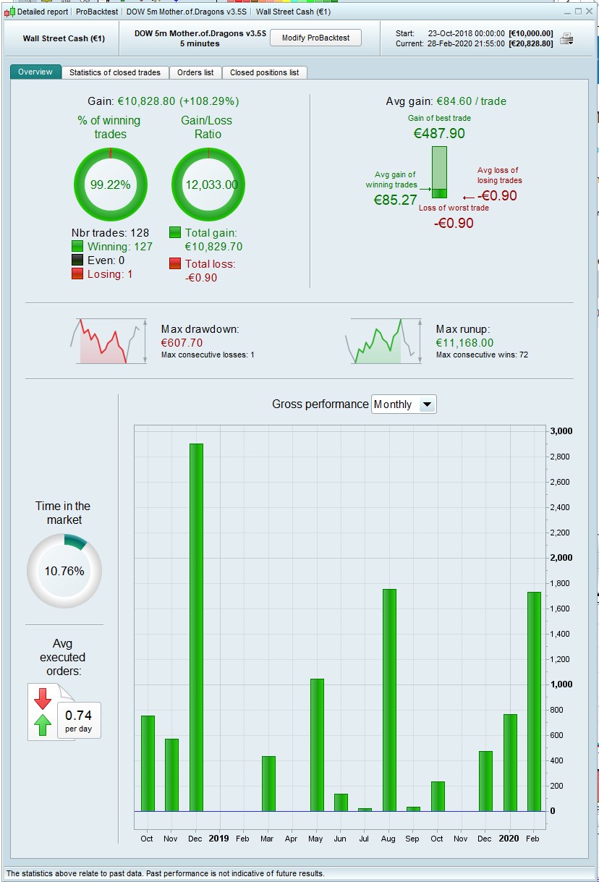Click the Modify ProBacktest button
(315, 38)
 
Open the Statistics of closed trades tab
(116, 72)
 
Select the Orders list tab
(195, 72)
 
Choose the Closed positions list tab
(264, 72)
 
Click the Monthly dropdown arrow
(427, 404)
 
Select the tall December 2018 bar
(196, 627)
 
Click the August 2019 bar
(389, 700)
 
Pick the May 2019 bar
(317, 745)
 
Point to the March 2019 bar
(268, 784)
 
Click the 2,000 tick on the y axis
(561, 558)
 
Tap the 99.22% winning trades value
(110, 185)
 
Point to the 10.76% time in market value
(64, 571)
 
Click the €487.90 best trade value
(439, 133)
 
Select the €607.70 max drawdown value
(182, 343)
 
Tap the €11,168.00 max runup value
(464, 343)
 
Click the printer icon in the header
(566, 39)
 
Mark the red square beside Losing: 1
(77, 273)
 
